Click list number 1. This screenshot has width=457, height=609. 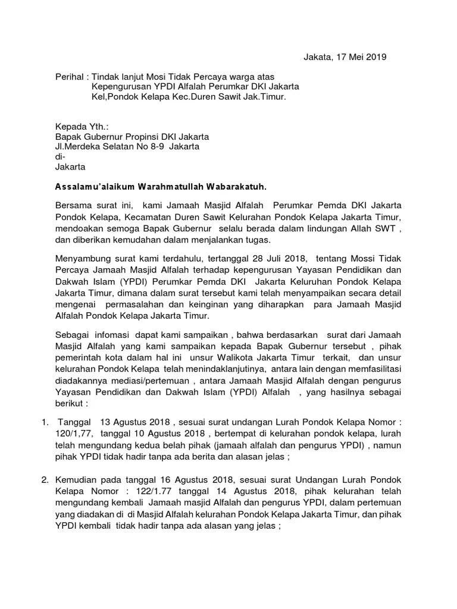(45, 423)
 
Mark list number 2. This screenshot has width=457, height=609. (45, 479)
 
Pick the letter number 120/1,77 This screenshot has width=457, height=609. (75, 433)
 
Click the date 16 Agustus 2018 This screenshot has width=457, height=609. (193, 479)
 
